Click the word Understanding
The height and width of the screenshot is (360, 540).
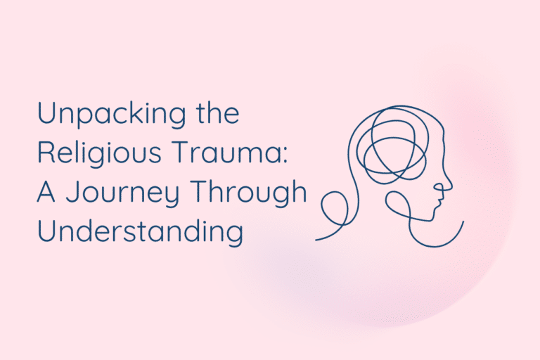tap(140, 232)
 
